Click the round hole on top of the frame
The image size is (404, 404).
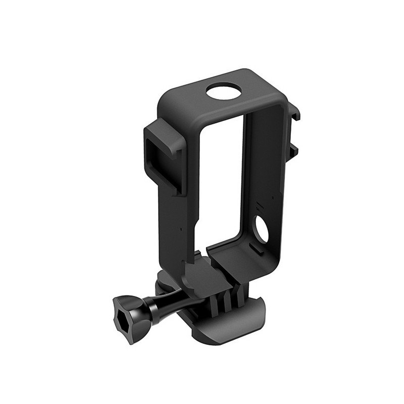223,92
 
